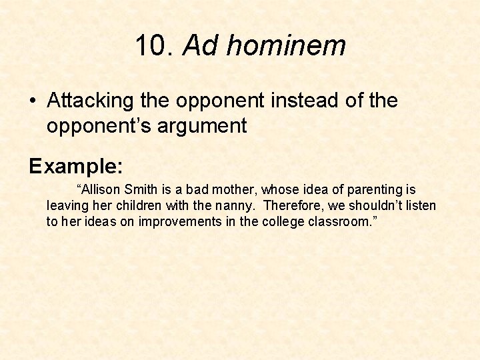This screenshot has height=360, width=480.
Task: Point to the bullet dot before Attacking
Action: [33, 102]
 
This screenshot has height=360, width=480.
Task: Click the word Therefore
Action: [293, 206]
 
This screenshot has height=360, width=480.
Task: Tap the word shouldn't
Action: [373, 206]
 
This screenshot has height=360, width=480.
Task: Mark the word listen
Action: [421, 206]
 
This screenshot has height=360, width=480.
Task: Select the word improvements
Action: [177, 222]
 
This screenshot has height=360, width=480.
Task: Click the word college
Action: [278, 222]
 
